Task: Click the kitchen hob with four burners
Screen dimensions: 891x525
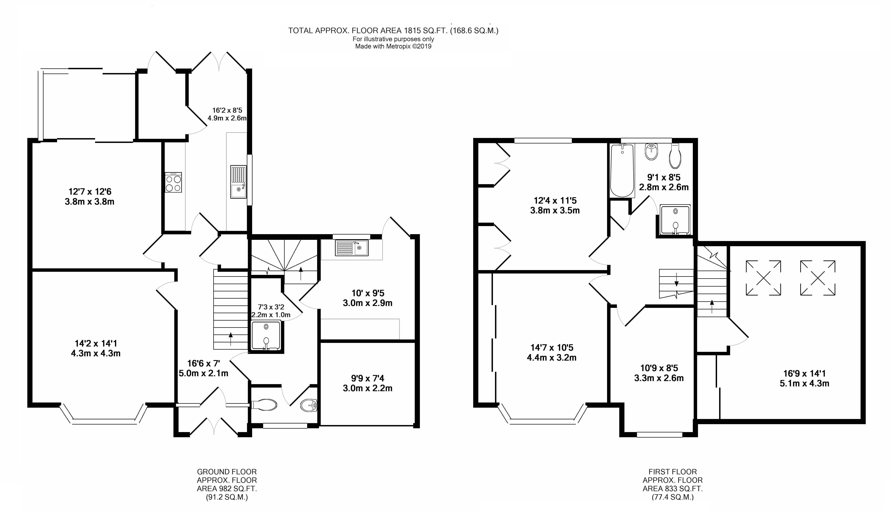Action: click(173, 183)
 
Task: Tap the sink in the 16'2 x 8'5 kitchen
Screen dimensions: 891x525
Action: click(239, 182)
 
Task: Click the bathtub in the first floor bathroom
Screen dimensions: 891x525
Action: click(622, 171)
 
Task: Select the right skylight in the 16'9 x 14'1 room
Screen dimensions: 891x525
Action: click(818, 278)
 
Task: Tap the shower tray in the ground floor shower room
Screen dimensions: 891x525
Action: click(266, 335)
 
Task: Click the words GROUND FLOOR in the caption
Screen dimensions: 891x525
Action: click(227, 472)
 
